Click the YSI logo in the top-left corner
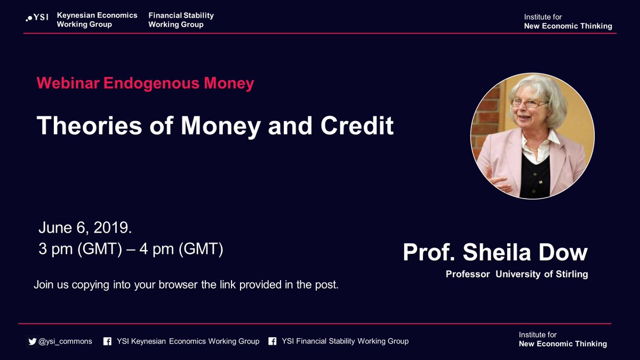tap(37, 19)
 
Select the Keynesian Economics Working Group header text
tap(97, 20)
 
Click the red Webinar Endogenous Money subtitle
tap(145, 83)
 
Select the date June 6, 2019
tap(85, 228)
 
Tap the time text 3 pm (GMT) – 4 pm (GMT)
tap(130, 249)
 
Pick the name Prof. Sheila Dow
tap(495, 252)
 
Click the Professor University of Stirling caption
tap(517, 275)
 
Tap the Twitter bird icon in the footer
tap(32, 341)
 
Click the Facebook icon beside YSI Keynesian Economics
tap(107, 341)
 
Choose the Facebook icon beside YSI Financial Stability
tap(272, 341)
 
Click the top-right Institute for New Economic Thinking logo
tap(567, 22)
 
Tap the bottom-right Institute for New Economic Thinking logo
tap(563, 339)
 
